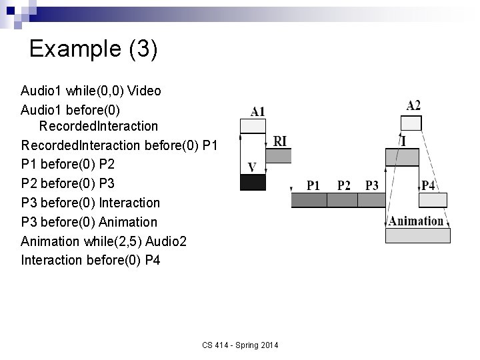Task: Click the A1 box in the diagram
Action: [x=253, y=126]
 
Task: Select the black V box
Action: [x=253, y=182]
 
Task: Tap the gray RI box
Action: [x=279, y=155]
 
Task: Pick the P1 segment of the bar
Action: [x=313, y=200]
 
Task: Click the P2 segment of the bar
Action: [x=344, y=200]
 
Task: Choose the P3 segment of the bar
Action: [x=372, y=200]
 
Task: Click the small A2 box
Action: [x=411, y=123]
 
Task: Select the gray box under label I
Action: [x=402, y=157]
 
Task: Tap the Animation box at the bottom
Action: [x=418, y=235]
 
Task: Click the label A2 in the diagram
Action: [x=413, y=105]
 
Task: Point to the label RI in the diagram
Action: [x=281, y=141]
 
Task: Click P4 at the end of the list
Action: [x=153, y=259]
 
